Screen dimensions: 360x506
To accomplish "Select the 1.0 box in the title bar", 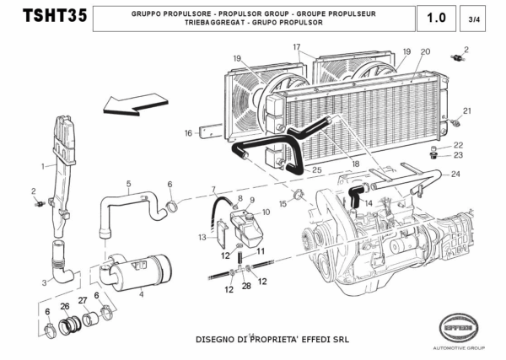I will tap(438, 17).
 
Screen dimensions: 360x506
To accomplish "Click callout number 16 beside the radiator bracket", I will tap(189, 132).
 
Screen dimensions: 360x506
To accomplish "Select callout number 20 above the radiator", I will tap(424, 51).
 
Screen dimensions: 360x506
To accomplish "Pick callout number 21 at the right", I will tap(466, 110).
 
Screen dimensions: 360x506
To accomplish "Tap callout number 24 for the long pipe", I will tap(456, 175).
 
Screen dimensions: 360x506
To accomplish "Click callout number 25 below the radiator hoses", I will tap(316, 170).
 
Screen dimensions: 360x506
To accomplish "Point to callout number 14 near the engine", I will tap(368, 203).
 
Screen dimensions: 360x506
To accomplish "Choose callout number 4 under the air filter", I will tap(141, 294).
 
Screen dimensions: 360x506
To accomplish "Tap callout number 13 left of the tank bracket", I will tap(202, 239).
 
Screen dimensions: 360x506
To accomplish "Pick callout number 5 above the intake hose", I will tap(128, 183).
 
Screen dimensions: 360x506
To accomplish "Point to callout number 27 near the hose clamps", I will tap(83, 301).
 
